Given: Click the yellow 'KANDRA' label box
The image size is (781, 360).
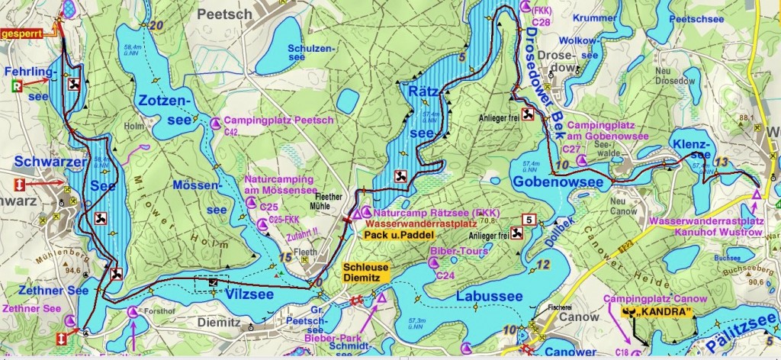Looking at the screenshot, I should [651, 313].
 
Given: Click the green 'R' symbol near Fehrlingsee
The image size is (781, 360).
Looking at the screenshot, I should [17, 87].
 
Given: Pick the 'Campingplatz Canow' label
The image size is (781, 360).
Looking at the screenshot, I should [647, 298].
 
